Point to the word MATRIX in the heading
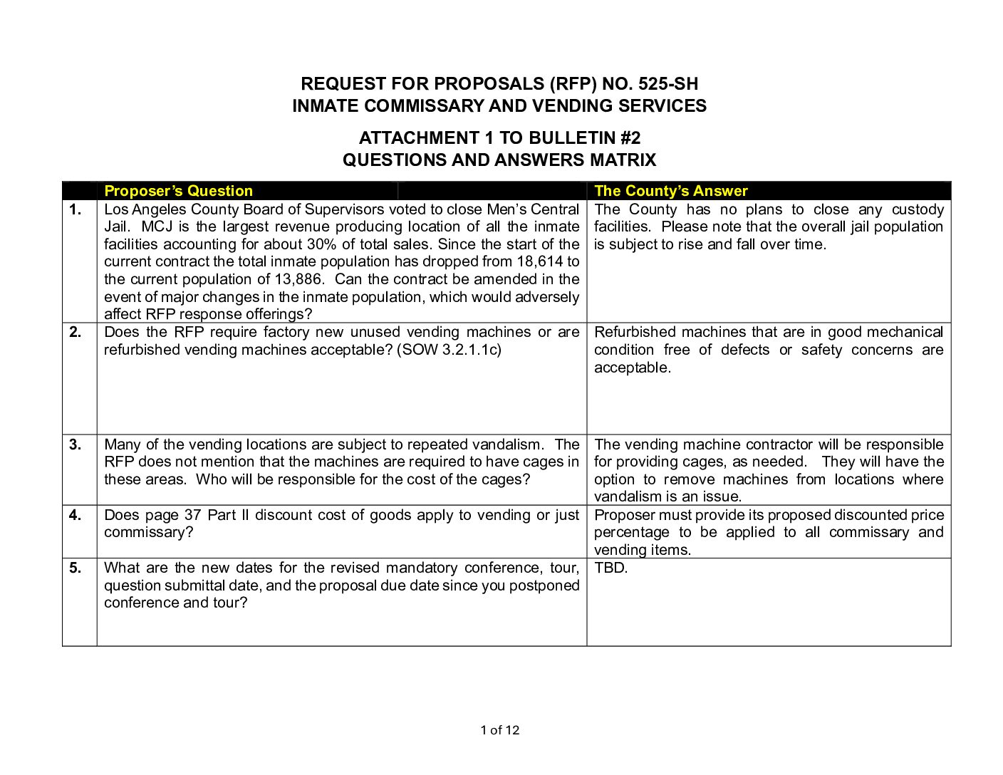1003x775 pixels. coord(623,160)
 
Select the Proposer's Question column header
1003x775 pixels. coord(178,191)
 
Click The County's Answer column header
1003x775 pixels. coord(671,191)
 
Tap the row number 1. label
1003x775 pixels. coord(76,209)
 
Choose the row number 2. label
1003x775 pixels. coord(76,332)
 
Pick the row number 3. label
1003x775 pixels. coord(76,444)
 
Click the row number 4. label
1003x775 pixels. coord(76,515)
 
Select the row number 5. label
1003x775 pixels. coord(76,568)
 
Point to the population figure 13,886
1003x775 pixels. coord(298,279)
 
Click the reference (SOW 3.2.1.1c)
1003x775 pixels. coord(449,350)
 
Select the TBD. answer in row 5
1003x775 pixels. coord(610,568)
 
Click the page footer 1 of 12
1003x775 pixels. coord(500,730)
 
